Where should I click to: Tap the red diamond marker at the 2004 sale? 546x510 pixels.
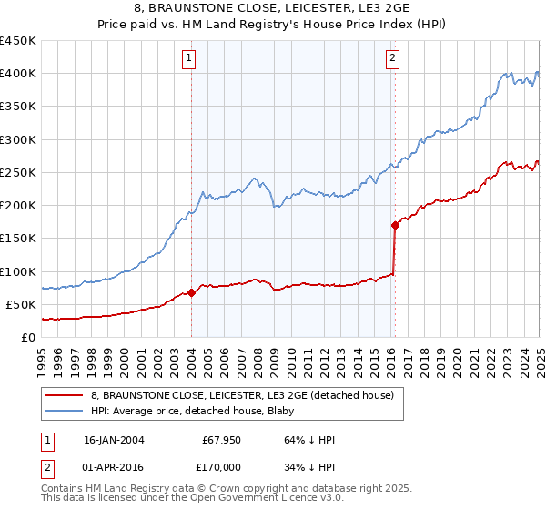tap(192, 292)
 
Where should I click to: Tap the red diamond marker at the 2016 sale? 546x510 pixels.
tap(395, 225)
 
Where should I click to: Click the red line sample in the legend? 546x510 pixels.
tap(63, 395)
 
